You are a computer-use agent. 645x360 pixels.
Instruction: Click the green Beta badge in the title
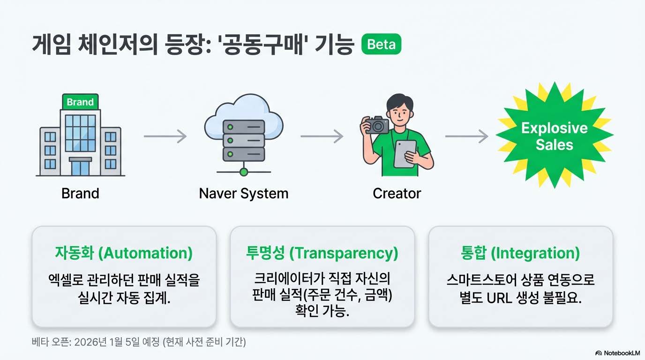381,45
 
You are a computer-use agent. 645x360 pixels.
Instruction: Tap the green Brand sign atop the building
80,102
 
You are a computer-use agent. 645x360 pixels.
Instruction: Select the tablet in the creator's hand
405,154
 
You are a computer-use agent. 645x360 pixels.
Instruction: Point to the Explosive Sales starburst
555,136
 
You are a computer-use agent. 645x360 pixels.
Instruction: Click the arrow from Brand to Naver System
165,136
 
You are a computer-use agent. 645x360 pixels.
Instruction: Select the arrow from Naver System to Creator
322,136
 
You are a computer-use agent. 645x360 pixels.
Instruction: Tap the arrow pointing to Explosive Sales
466,136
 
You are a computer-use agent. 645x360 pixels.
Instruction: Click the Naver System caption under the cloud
244,193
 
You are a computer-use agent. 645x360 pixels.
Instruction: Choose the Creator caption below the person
397,193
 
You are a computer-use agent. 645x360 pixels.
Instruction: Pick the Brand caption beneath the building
80,193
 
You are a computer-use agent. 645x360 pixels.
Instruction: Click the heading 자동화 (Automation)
124,253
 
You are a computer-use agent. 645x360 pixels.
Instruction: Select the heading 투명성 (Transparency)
322,253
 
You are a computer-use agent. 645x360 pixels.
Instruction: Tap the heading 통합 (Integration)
520,253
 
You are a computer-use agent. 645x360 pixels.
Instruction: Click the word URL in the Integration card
502,298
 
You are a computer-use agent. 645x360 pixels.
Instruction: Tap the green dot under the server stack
243,172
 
